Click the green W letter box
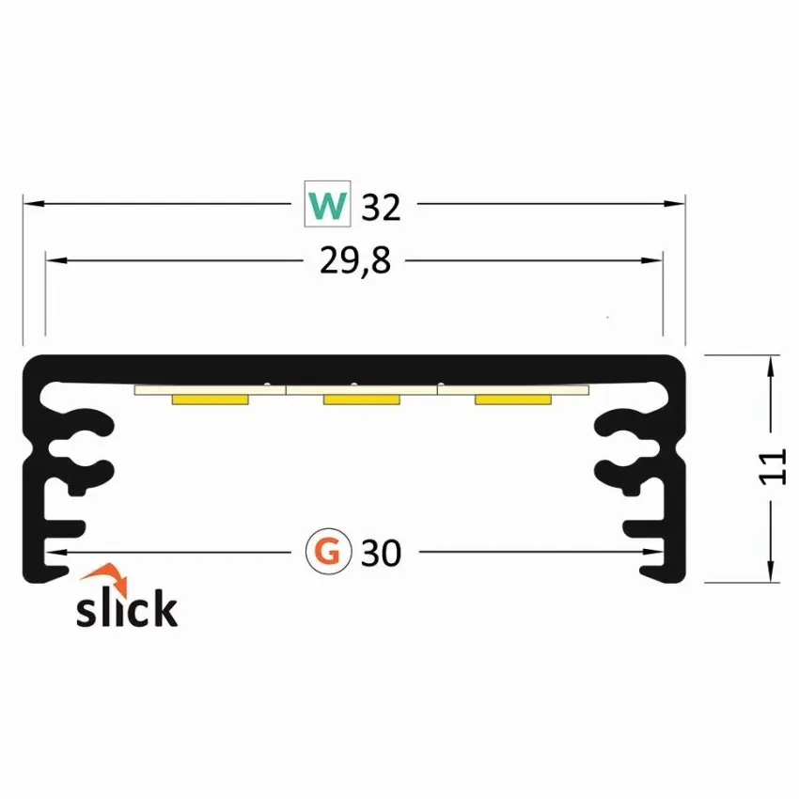click(x=327, y=204)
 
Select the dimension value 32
click(x=381, y=208)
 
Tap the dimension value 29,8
click(x=355, y=261)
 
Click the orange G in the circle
click(x=328, y=552)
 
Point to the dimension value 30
click(x=381, y=554)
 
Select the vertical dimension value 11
click(x=773, y=467)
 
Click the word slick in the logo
click(x=127, y=607)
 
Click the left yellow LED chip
click(x=210, y=399)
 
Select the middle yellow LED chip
click(x=361, y=399)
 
